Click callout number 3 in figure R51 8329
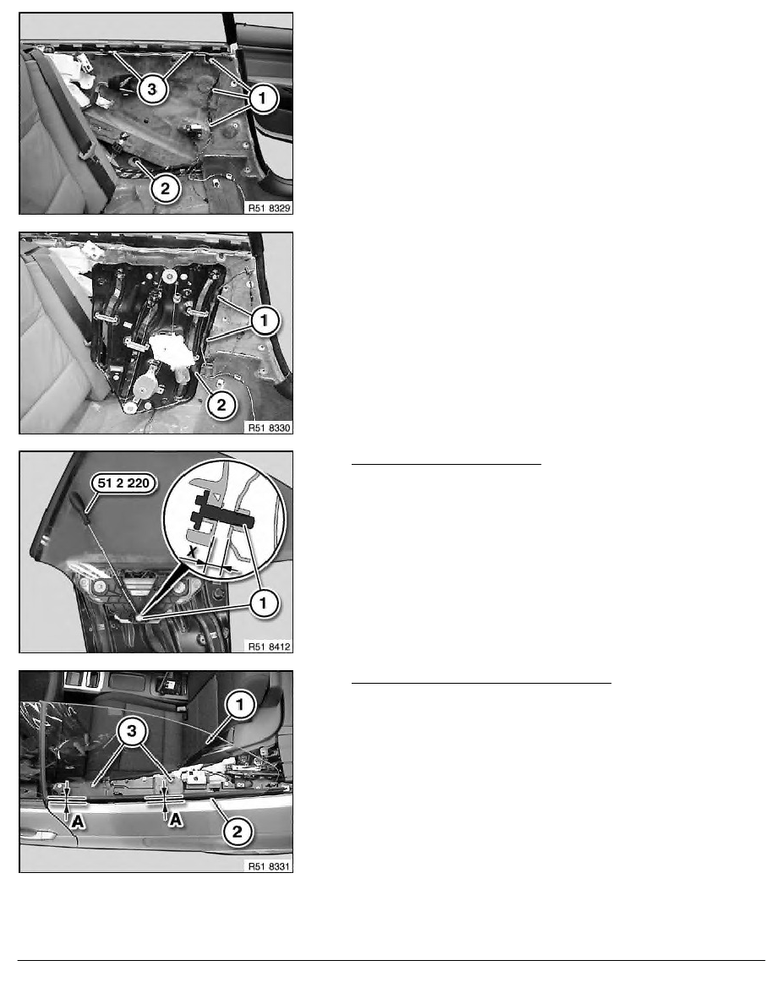click(x=152, y=89)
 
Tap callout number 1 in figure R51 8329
click(x=262, y=99)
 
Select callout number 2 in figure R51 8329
click(x=165, y=188)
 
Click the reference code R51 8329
click(x=269, y=208)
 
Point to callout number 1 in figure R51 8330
click(x=265, y=320)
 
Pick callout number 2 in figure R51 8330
click(x=221, y=405)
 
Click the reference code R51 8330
click(x=269, y=428)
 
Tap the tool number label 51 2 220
click(x=123, y=483)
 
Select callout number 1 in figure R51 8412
click(x=263, y=603)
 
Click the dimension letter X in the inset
click(x=191, y=551)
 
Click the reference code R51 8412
click(x=269, y=647)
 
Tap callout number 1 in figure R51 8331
click(x=240, y=705)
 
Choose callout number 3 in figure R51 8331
click(x=132, y=730)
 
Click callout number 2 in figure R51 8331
click(x=237, y=832)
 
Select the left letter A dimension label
click(x=78, y=821)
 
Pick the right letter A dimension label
click(x=175, y=819)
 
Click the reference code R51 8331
click(x=269, y=866)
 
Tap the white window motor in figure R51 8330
click(x=171, y=352)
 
